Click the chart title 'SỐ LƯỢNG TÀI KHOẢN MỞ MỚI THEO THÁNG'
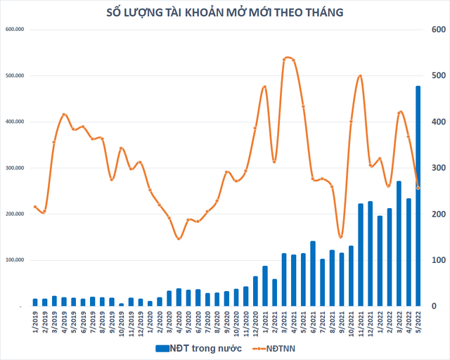[224, 12]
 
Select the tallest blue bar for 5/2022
[418, 196]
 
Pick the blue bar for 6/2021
[312, 274]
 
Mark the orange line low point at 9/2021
[341, 237]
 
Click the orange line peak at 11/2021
[360, 76]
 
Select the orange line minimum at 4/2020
[179, 239]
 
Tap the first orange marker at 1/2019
[35, 207]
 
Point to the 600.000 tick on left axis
[15, 30]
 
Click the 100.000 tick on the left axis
[15, 260]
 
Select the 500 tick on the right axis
[438, 76]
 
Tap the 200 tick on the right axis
[438, 214]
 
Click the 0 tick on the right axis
[438, 307]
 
